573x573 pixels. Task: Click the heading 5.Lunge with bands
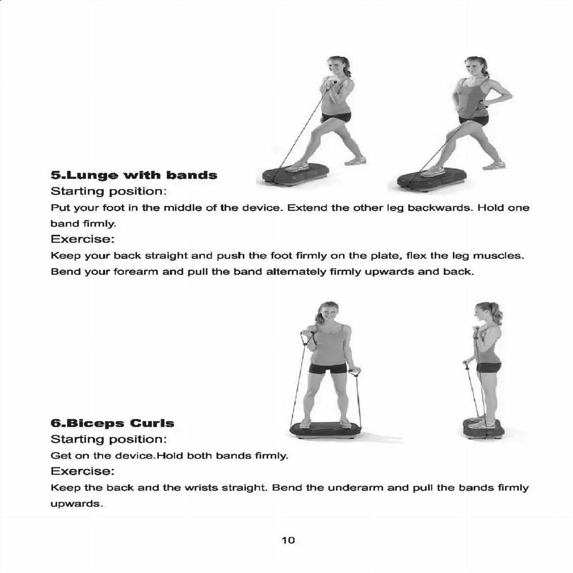click(x=134, y=175)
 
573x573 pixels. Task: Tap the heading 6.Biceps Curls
click(x=112, y=423)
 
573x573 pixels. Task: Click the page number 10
click(x=288, y=540)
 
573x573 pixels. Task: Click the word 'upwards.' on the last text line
click(x=77, y=504)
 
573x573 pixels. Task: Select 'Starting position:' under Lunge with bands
click(x=109, y=191)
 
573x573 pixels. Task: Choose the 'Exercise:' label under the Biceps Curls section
click(x=83, y=471)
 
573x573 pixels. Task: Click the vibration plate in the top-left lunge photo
click(x=295, y=174)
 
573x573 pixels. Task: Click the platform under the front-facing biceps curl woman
click(x=325, y=429)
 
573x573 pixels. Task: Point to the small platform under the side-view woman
click(x=483, y=429)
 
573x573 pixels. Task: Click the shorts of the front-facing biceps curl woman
click(x=327, y=368)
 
